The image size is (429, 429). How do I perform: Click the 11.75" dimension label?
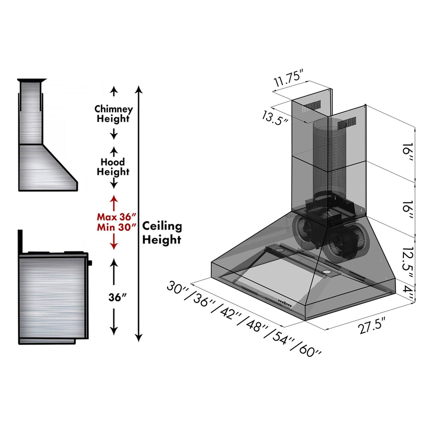(x=289, y=79)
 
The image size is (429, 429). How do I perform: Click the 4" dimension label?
(x=408, y=293)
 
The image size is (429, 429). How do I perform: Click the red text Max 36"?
(x=116, y=217)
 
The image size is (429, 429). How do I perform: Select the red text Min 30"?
(x=116, y=227)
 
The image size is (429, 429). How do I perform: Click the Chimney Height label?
(x=113, y=113)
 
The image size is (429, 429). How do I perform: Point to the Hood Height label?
(x=113, y=167)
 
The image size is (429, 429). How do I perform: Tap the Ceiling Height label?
(x=162, y=233)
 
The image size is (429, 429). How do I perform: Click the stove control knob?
(x=90, y=263)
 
